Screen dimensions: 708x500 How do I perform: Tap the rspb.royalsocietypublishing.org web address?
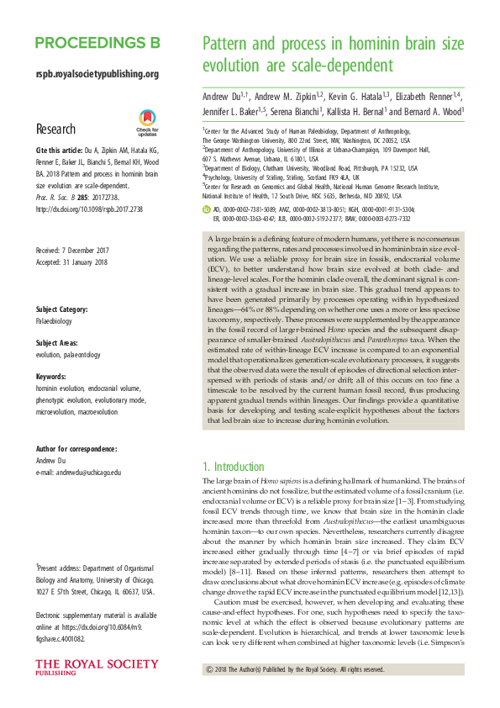tap(97, 74)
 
